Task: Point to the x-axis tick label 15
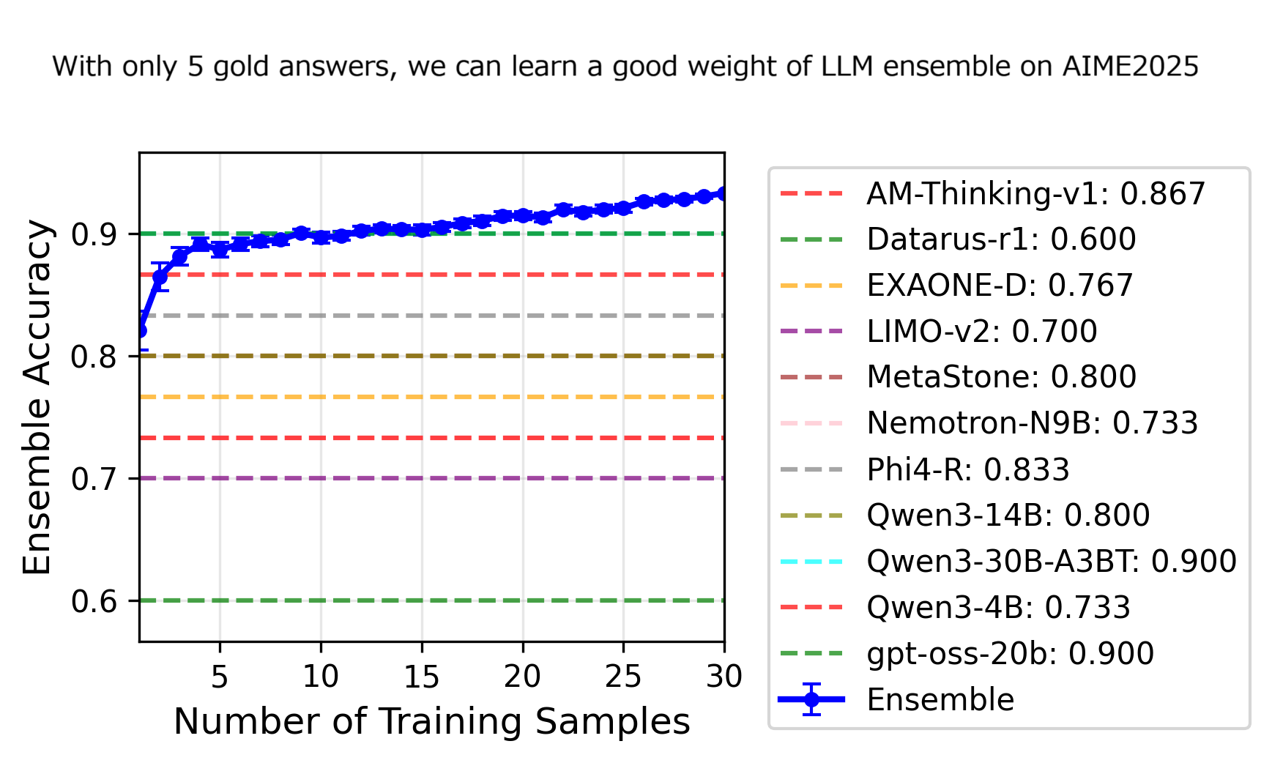422,677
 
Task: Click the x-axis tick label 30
724,677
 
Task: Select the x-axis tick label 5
220,677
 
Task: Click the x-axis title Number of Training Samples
432,722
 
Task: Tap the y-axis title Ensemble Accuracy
37,397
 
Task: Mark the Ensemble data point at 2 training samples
160,277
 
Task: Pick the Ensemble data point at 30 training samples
724,194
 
